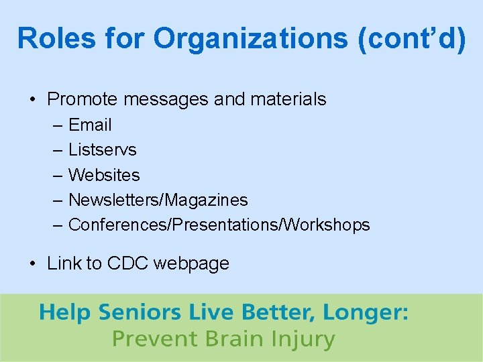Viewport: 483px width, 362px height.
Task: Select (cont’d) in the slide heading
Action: click(411, 39)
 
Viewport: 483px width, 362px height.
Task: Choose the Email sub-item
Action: click(90, 125)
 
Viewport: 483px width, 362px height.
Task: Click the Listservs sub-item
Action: click(102, 149)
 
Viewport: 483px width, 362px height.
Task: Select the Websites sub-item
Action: click(104, 175)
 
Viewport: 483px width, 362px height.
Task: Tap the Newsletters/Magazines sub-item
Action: click(158, 200)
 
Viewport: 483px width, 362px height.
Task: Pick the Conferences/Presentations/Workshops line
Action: click(219, 225)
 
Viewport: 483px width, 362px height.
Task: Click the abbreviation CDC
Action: click(127, 263)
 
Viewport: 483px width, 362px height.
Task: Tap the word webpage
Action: click(191, 264)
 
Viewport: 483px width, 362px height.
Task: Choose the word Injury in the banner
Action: click(306, 339)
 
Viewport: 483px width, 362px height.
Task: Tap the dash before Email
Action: click(58, 125)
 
